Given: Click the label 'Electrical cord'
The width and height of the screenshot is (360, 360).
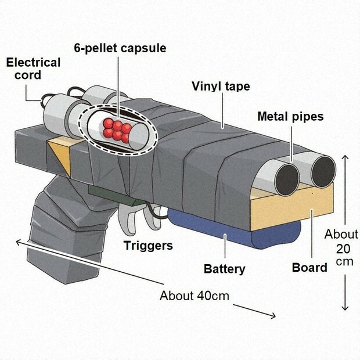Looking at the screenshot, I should pos(33,69).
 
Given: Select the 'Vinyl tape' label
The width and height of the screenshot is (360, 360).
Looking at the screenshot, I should pos(221,87).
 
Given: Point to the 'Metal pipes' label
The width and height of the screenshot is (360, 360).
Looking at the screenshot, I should pos(290,116).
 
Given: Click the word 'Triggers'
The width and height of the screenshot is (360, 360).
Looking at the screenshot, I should pos(148,246).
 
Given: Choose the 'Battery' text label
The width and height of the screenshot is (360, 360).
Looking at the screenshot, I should pos(224,269).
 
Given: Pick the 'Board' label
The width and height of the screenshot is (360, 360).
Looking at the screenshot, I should pos(309,268).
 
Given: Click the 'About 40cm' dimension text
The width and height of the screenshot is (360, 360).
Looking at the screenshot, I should pos(195,296).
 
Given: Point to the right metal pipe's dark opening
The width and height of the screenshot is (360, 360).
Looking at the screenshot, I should pos(321,174).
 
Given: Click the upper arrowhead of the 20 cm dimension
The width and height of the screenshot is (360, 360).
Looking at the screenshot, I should pos(346,157).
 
